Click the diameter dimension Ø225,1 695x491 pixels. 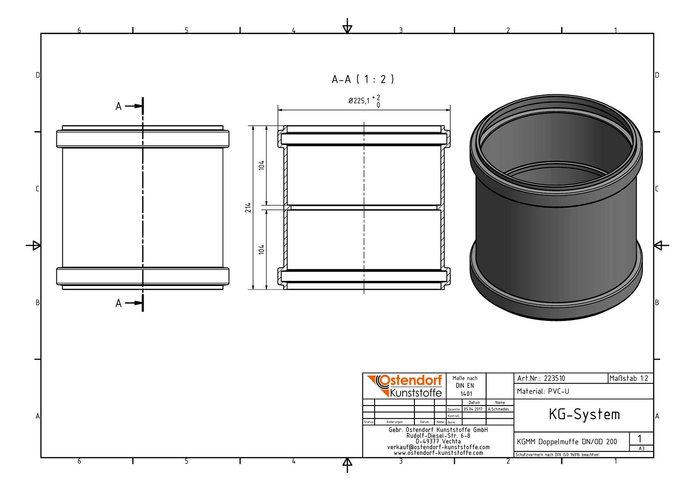point(359,101)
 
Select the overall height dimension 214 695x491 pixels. point(248,208)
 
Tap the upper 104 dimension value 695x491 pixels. point(262,165)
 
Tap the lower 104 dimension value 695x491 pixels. point(262,249)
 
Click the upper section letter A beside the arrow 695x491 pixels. point(118,107)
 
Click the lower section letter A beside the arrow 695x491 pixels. point(118,303)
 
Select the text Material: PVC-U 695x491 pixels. point(543,391)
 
